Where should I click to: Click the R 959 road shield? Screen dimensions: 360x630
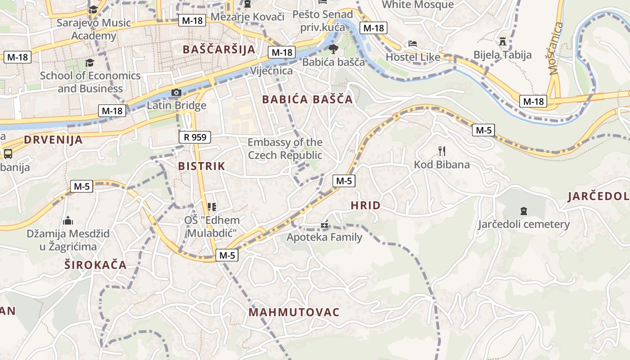tap(195, 137)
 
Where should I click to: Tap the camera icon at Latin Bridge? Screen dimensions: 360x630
tap(176, 93)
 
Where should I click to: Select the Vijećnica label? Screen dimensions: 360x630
tap(271, 71)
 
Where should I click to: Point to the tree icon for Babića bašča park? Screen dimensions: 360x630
tap(333, 49)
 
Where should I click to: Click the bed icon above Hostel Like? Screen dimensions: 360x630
tap(413, 44)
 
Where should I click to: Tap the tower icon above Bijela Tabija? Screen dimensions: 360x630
tap(503, 42)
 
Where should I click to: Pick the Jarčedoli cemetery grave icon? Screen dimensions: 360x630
tap(523, 211)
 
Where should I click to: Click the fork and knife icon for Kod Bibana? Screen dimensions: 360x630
tap(441, 151)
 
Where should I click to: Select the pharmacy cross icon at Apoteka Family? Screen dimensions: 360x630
tap(324, 224)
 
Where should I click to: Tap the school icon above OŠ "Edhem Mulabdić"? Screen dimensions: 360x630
tap(212, 207)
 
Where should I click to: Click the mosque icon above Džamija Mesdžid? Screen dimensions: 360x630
tap(68, 220)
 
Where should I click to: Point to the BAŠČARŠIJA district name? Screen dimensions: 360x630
tap(219, 49)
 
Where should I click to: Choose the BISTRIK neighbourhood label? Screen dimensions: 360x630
tap(201, 166)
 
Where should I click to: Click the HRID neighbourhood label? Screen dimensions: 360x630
tap(365, 206)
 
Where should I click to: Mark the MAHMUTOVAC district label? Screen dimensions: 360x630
tap(294, 312)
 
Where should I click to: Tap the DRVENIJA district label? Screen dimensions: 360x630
tap(53, 139)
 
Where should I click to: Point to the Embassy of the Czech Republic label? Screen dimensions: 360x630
tap(285, 149)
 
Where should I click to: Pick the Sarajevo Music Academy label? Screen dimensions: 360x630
tap(94, 29)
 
